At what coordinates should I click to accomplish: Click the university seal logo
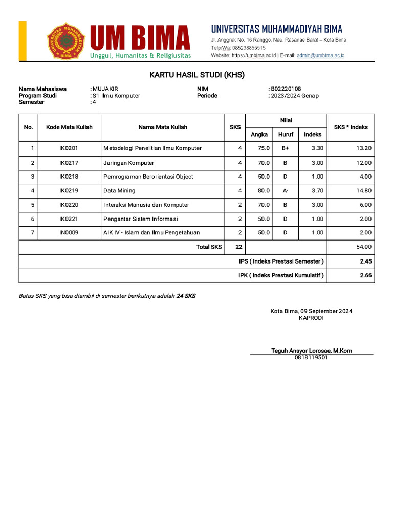pyautogui.click(x=67, y=40)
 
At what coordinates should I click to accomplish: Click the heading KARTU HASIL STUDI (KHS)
pyautogui.click(x=197, y=75)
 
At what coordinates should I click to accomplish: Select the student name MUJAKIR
pyautogui.click(x=105, y=89)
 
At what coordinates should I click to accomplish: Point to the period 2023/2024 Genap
pyautogui.click(x=295, y=96)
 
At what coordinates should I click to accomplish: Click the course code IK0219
pyautogui.click(x=69, y=191)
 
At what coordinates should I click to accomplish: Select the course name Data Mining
pyautogui.click(x=119, y=191)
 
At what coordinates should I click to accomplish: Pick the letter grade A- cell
pyautogui.click(x=285, y=191)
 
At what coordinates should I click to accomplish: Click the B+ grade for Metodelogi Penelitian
pyautogui.click(x=285, y=148)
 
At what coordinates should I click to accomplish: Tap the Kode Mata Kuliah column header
pyautogui.click(x=69, y=127)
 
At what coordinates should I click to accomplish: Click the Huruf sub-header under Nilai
pyautogui.click(x=286, y=135)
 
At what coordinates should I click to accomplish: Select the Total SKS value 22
pyautogui.click(x=238, y=247)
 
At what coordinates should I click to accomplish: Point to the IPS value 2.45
pyautogui.click(x=365, y=261)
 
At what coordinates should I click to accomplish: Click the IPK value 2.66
pyautogui.click(x=365, y=275)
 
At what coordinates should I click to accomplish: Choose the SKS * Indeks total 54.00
pyautogui.click(x=364, y=247)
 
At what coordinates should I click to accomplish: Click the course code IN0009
pyautogui.click(x=69, y=233)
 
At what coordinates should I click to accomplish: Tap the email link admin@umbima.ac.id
pyautogui.click(x=321, y=55)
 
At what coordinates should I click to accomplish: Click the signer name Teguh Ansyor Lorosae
pyautogui.click(x=311, y=351)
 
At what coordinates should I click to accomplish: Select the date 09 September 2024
pyautogui.click(x=326, y=311)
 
